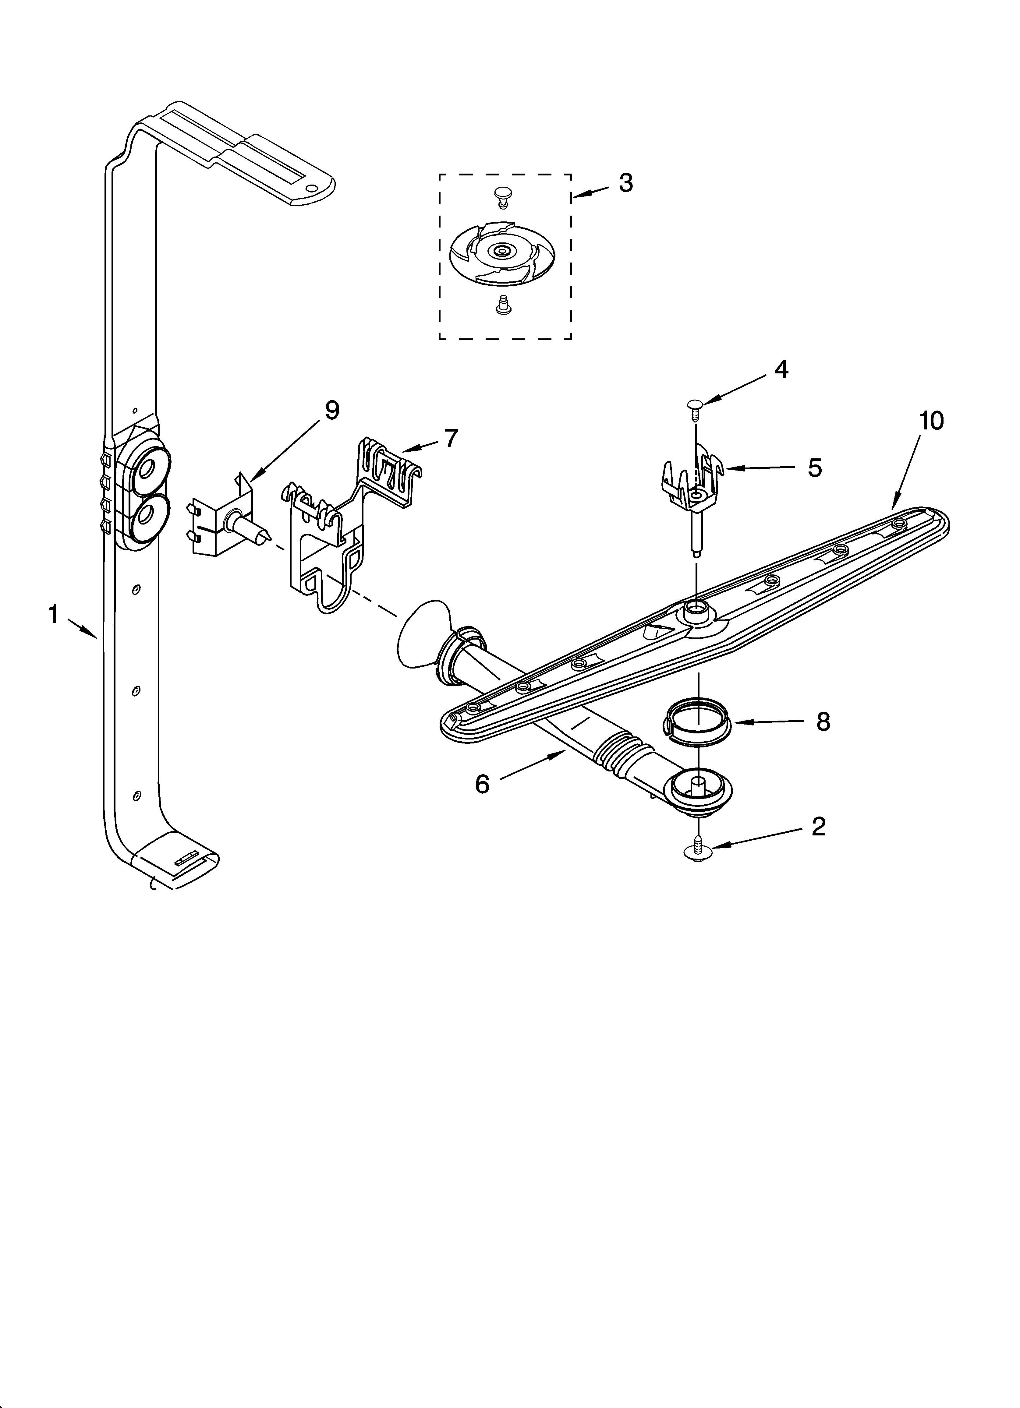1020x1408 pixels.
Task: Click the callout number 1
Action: point(53,615)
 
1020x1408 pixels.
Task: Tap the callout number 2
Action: point(819,826)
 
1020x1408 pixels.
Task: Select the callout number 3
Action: point(625,183)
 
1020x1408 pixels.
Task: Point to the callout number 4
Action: point(781,369)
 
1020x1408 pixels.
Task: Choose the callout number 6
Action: point(482,784)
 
